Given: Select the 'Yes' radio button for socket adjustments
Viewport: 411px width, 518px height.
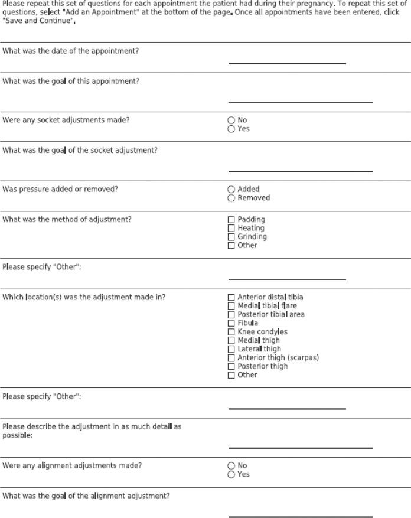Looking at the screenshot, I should click(x=231, y=129).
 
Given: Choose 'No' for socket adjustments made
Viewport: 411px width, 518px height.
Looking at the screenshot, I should click(x=231, y=120).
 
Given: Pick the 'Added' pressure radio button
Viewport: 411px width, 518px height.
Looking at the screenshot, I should click(x=231, y=190).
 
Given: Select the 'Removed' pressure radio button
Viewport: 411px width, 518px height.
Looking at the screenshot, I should click(x=231, y=198).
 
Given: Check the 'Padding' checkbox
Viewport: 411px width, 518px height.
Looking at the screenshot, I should click(x=231, y=220).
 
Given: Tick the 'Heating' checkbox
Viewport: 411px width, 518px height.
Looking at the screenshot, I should click(x=231, y=228).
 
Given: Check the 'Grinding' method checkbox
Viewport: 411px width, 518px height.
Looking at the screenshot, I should click(x=231, y=237).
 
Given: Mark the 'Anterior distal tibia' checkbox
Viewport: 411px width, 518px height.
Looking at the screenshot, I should click(x=231, y=297).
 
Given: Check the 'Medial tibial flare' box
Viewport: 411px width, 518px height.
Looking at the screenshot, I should click(x=231, y=306).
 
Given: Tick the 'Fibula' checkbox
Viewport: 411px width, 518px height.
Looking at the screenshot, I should click(x=231, y=323).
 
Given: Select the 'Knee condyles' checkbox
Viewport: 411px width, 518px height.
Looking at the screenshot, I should click(x=231, y=332).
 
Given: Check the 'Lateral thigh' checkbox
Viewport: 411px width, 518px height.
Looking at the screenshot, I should click(x=231, y=349).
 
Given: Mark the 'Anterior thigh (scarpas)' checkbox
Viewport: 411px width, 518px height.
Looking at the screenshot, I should click(x=231, y=358).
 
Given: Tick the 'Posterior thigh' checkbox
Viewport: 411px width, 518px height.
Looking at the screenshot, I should click(x=231, y=366).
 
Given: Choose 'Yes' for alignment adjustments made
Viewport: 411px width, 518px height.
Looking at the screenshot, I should click(x=231, y=474).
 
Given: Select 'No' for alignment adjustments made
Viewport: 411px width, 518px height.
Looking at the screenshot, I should click(x=231, y=465).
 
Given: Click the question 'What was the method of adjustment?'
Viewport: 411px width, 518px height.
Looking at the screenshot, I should click(x=67, y=220).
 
